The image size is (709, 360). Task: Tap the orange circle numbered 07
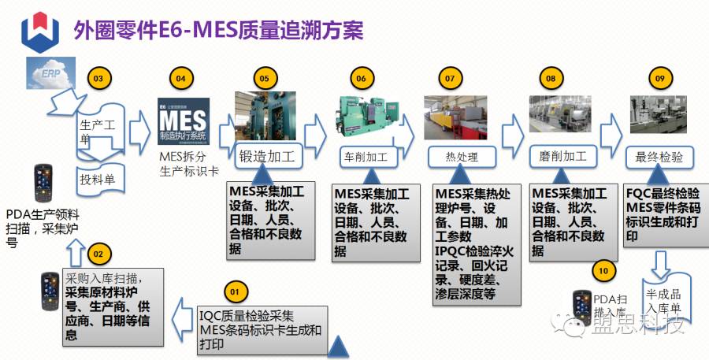[450, 79]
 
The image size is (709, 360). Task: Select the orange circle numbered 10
[603, 270]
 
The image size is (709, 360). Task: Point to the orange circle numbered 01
[233, 291]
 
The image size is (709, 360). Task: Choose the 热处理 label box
[462, 157]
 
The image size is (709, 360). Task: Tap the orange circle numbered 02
[97, 254]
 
